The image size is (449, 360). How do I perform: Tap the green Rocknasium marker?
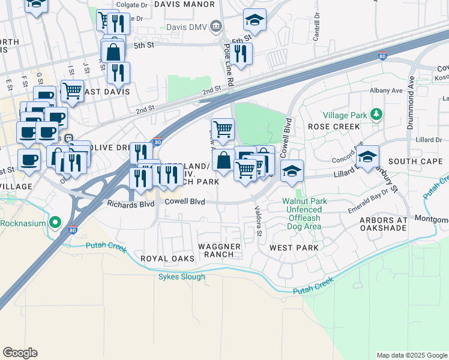55,223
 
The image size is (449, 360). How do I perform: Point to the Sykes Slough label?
181,277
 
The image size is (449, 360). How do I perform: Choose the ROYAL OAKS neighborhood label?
167,259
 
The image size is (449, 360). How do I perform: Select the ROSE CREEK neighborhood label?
334,127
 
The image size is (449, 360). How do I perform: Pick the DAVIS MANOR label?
184,4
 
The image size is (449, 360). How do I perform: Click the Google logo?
20,352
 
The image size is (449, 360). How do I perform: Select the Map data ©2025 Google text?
411,355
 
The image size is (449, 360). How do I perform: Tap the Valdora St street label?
258,220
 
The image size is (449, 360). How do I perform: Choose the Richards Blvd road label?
130,204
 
